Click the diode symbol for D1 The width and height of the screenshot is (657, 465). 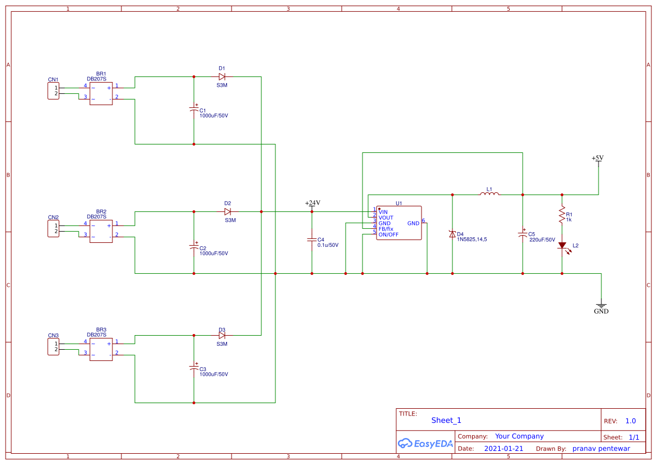click(222, 76)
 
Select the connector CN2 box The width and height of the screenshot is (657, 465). click(53, 228)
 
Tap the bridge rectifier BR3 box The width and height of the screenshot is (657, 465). click(101, 349)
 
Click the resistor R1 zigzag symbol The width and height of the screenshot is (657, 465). click(561, 214)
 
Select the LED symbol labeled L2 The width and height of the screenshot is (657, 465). click(561, 245)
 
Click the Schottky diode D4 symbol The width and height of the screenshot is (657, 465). click(452, 234)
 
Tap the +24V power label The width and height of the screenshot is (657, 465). click(312, 203)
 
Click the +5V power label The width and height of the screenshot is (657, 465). click(597, 158)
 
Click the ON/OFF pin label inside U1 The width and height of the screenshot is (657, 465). click(388, 234)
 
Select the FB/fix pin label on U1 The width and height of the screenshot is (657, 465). click(386, 229)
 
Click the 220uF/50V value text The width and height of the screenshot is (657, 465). click(542, 240)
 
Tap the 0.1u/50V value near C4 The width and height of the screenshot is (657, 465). click(328, 245)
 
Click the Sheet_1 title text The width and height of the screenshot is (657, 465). click(446, 420)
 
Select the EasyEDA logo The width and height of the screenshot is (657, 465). click(425, 443)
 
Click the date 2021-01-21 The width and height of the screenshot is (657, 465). click(504, 449)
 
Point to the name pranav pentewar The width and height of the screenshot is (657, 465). click(601, 449)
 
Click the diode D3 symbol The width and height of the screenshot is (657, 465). click(222, 335)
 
